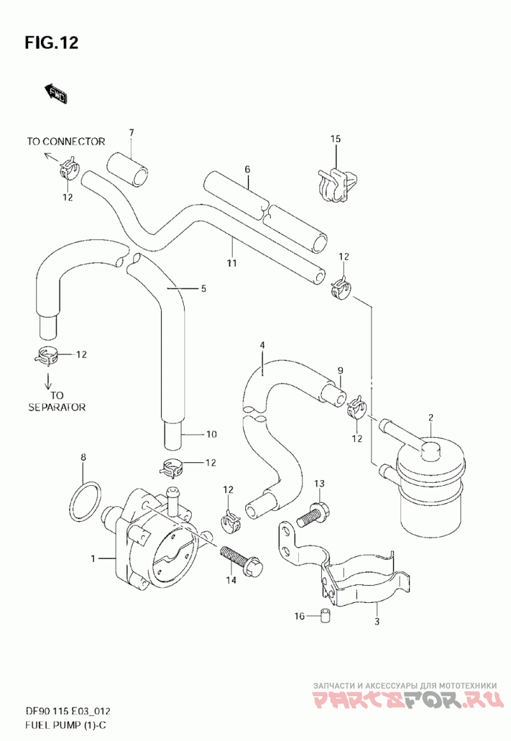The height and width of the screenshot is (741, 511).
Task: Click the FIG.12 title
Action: coord(52,43)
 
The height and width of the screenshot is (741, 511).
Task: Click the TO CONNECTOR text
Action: coord(66,141)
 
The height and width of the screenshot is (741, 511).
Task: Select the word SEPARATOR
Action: coord(57,407)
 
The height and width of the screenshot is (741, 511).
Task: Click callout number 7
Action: coord(132,132)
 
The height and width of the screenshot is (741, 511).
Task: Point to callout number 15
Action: coord(335,139)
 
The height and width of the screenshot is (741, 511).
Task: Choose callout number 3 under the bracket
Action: coord(377,622)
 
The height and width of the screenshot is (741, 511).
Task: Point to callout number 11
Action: coord(231,263)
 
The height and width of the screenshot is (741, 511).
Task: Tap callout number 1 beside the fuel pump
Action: coord(93,559)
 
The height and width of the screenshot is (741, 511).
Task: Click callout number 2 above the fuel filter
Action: coord(431,417)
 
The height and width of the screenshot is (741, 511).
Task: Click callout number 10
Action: coord(211,434)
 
